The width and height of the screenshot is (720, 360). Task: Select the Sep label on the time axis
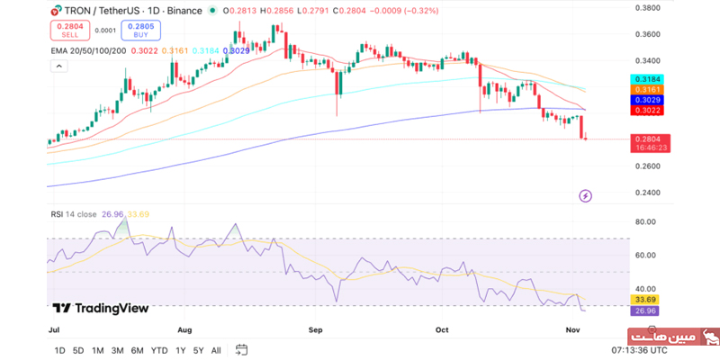tap(315, 330)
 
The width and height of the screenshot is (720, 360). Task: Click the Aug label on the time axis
tap(185, 330)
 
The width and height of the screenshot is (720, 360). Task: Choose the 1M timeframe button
tap(97, 350)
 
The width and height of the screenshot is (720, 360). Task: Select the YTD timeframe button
tap(158, 350)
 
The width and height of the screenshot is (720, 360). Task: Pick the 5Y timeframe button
tap(197, 350)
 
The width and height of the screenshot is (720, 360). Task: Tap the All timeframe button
tap(216, 350)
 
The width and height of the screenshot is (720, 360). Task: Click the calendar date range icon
tap(242, 350)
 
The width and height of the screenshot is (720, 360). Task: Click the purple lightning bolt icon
tap(586, 195)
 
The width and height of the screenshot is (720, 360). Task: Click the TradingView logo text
tap(101, 308)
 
